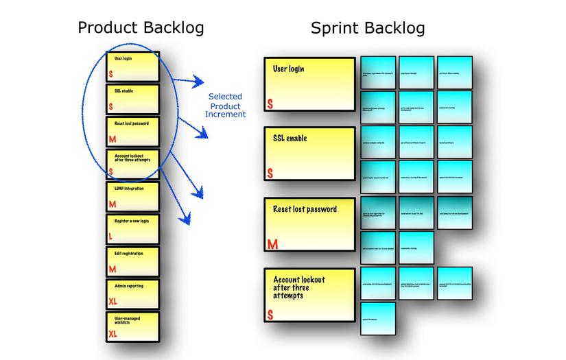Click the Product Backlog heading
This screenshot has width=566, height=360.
click(x=141, y=27)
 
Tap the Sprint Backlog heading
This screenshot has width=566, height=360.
click(x=368, y=27)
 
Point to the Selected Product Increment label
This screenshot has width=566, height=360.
click(x=227, y=106)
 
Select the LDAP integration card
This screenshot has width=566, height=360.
click(x=133, y=196)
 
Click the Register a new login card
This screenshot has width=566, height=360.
click(x=133, y=229)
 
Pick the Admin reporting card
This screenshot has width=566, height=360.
click(x=133, y=294)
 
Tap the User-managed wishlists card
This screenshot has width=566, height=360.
click(x=133, y=327)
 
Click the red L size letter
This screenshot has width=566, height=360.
click(x=110, y=237)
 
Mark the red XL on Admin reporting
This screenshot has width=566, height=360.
click(x=113, y=302)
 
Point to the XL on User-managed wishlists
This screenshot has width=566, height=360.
click(x=113, y=335)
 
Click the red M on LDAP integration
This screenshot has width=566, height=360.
click(x=112, y=204)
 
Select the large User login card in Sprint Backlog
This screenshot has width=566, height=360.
click(x=309, y=84)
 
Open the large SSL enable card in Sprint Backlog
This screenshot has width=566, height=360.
click(x=309, y=153)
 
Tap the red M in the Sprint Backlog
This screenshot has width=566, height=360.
click(x=272, y=244)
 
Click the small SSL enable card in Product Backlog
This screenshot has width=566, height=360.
click(x=133, y=99)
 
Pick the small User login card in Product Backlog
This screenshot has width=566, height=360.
click(x=133, y=67)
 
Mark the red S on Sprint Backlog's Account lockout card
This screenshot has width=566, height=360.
click(x=270, y=315)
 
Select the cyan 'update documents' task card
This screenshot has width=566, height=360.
click(x=379, y=319)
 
